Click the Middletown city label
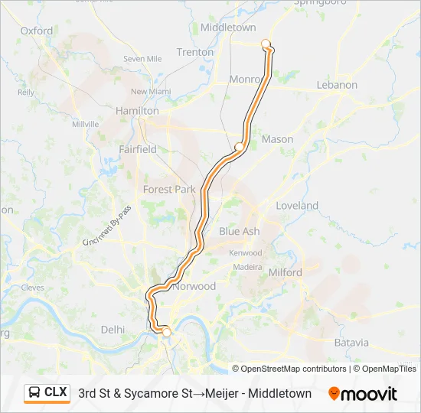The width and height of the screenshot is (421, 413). click(227, 27)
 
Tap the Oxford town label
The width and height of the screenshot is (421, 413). click(37, 31)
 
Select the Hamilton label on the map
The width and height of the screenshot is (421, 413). click(136, 111)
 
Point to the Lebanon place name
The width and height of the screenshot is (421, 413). click(337, 85)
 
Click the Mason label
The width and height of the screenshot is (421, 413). click(277, 139)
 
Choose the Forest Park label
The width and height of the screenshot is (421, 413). click(169, 189)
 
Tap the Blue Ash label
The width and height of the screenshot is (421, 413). click(239, 231)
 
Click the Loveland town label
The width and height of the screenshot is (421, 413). click(297, 206)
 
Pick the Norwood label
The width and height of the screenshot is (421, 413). click(195, 286)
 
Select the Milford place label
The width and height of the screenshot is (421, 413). click(286, 272)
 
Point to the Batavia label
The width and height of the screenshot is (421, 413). click(351, 343)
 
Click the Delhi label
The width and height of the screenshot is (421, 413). click(113, 329)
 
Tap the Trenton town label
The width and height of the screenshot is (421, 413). click(195, 52)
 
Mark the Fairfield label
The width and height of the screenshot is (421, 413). click(138, 149)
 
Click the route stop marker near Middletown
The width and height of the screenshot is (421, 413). click(266, 44)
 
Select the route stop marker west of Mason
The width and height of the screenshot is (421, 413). click(239, 146)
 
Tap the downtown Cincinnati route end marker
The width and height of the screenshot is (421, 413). click(166, 332)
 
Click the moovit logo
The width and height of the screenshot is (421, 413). click(363, 394)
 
